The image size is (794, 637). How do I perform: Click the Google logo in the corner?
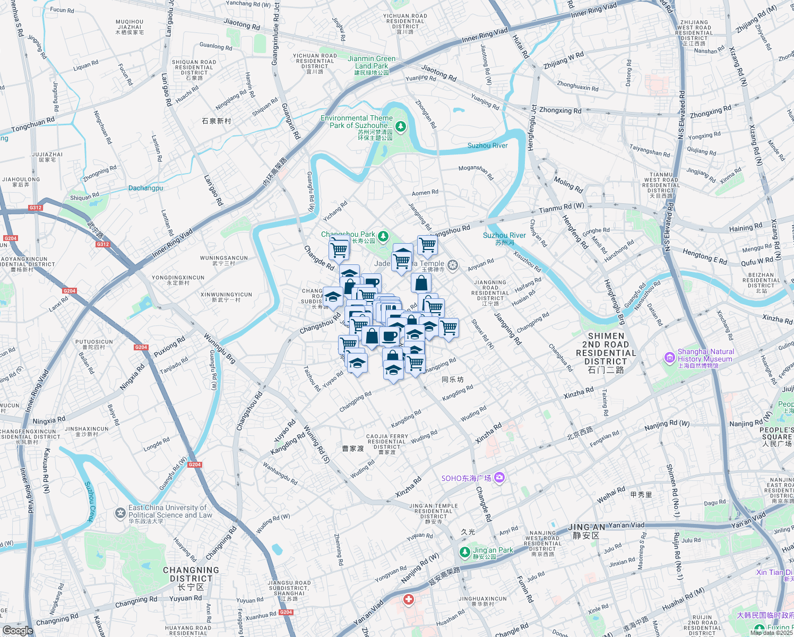(x=18, y=631)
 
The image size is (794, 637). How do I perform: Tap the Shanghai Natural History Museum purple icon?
(x=669, y=358)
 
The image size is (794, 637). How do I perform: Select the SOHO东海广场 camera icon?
(x=499, y=478)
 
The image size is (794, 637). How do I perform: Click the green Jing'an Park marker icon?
(x=464, y=552)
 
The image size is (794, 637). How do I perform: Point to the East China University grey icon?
(x=120, y=513)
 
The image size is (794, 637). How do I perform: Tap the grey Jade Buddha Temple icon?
(x=453, y=265)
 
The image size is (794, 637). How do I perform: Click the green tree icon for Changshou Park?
(x=383, y=236)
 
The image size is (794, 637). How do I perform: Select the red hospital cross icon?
(x=408, y=600)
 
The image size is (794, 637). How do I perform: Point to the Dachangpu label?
(x=145, y=188)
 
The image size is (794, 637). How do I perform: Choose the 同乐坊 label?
(x=453, y=380)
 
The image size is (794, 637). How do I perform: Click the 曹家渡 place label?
(x=353, y=449)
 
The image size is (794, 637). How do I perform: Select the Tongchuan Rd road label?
(x=33, y=125)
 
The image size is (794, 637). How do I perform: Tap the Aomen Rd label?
(x=425, y=192)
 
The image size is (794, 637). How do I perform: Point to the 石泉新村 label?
(x=217, y=121)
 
